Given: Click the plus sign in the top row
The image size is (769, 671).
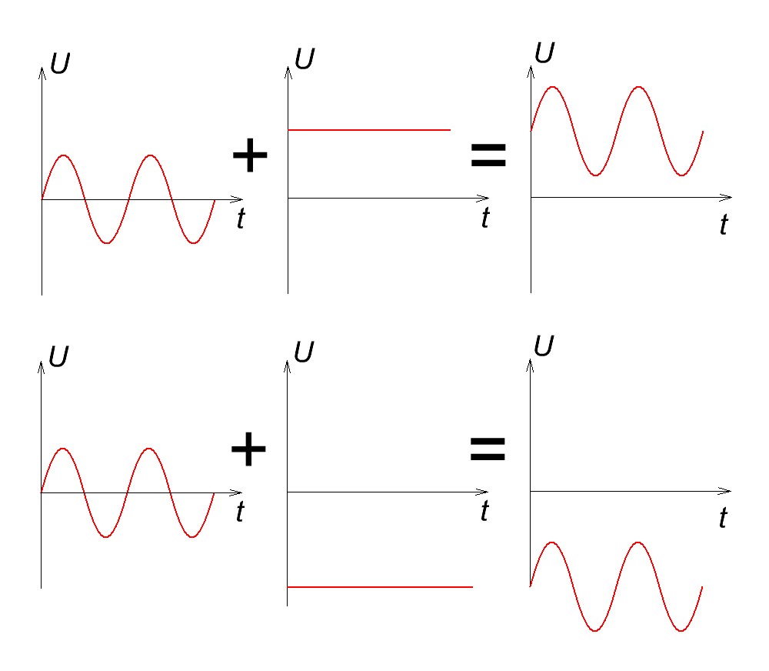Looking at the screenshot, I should pyautogui.click(x=249, y=157).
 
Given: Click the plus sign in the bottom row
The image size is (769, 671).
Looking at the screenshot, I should pyautogui.click(x=249, y=450).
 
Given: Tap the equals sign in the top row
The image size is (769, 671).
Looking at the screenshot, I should pyautogui.click(x=488, y=157).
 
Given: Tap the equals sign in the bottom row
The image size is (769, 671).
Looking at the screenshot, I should pyautogui.click(x=488, y=449).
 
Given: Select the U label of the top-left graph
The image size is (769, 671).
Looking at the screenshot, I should pyautogui.click(x=60, y=65).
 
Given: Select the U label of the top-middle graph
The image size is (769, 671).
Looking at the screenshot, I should pyautogui.click(x=305, y=60).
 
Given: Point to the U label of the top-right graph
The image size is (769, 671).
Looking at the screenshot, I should pyautogui.click(x=544, y=54).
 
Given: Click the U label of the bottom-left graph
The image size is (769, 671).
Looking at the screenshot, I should pyautogui.click(x=58, y=356).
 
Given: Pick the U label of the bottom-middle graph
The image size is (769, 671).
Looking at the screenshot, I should pyautogui.click(x=305, y=352).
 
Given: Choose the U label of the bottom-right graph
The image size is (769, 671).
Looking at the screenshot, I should pyautogui.click(x=544, y=347).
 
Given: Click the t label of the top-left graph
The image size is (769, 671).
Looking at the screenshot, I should pyautogui.click(x=241, y=219).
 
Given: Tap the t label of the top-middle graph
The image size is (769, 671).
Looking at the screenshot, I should pyautogui.click(x=484, y=218).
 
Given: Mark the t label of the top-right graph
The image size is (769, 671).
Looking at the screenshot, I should pyautogui.click(x=723, y=225).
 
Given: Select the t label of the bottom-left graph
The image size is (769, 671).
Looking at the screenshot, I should pyautogui.click(x=240, y=512).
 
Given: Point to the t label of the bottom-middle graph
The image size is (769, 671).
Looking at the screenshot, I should pyautogui.click(x=484, y=511).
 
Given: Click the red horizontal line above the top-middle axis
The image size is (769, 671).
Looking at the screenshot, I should pyautogui.click(x=369, y=130).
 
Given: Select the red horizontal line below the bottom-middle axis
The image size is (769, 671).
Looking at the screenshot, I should pyautogui.click(x=380, y=587).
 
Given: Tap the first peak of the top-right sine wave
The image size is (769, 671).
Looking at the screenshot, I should pyautogui.click(x=552, y=87).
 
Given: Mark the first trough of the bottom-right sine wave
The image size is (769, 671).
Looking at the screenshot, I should pyautogui.click(x=595, y=631).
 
